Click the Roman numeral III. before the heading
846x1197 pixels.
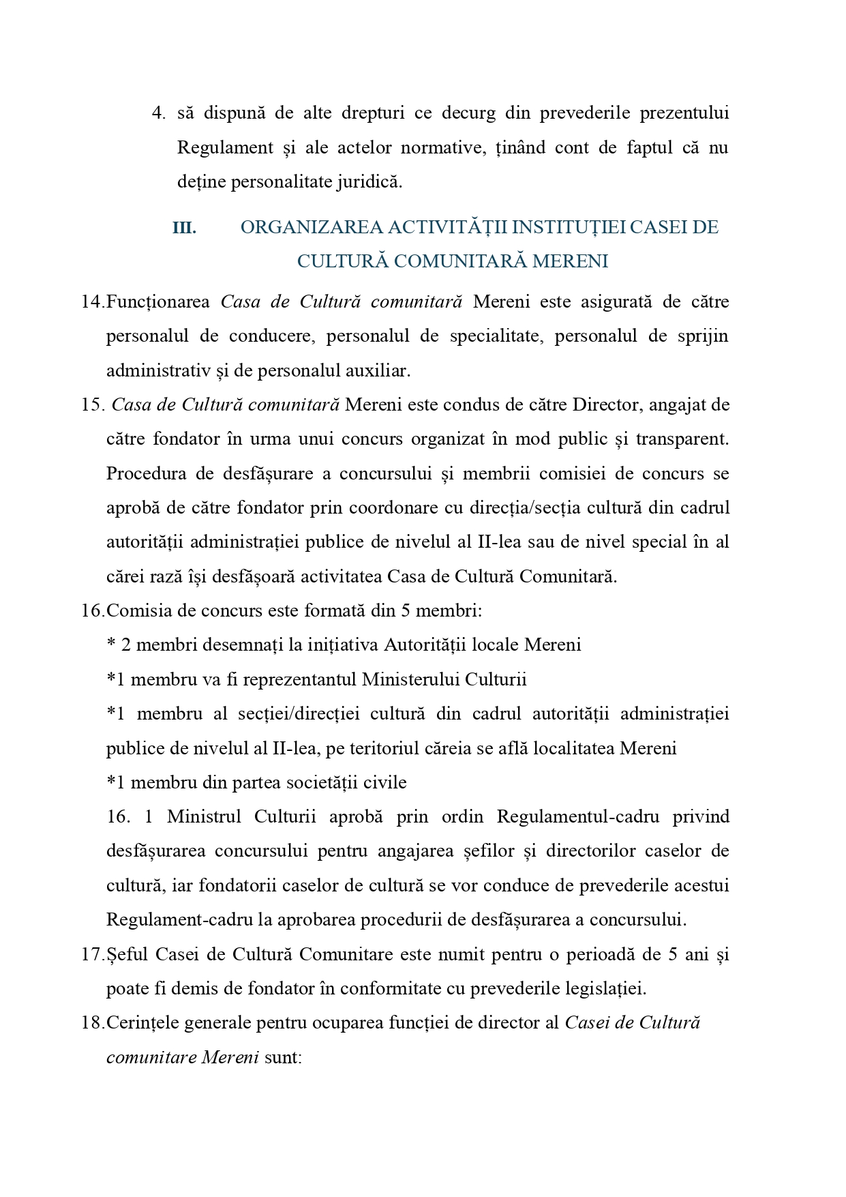pos(184,228)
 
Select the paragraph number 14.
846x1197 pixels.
pos(92,302)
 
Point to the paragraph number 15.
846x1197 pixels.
pos(91,405)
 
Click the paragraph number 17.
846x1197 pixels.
pos(92,955)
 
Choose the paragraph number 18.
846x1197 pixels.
pos(92,1023)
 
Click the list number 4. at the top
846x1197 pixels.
pos(158,113)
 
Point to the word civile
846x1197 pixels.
pos(384,782)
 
